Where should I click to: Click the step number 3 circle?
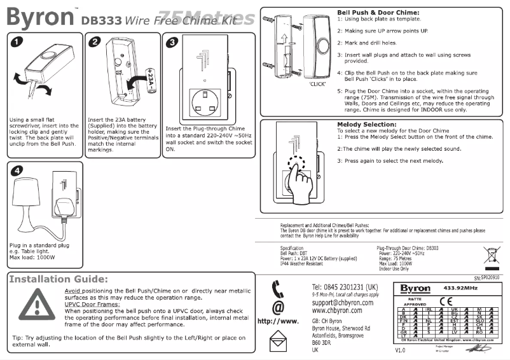click(x=172, y=43)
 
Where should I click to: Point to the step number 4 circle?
click(x=17, y=172)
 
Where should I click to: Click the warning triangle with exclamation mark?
click(x=32, y=306)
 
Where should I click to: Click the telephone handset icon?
click(x=277, y=291)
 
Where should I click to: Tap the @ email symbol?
click(x=277, y=308)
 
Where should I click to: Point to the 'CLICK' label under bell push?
click(x=318, y=84)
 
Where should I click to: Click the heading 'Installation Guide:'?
click(x=58, y=279)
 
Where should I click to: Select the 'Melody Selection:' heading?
click(x=366, y=125)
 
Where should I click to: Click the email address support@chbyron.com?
click(x=342, y=303)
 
